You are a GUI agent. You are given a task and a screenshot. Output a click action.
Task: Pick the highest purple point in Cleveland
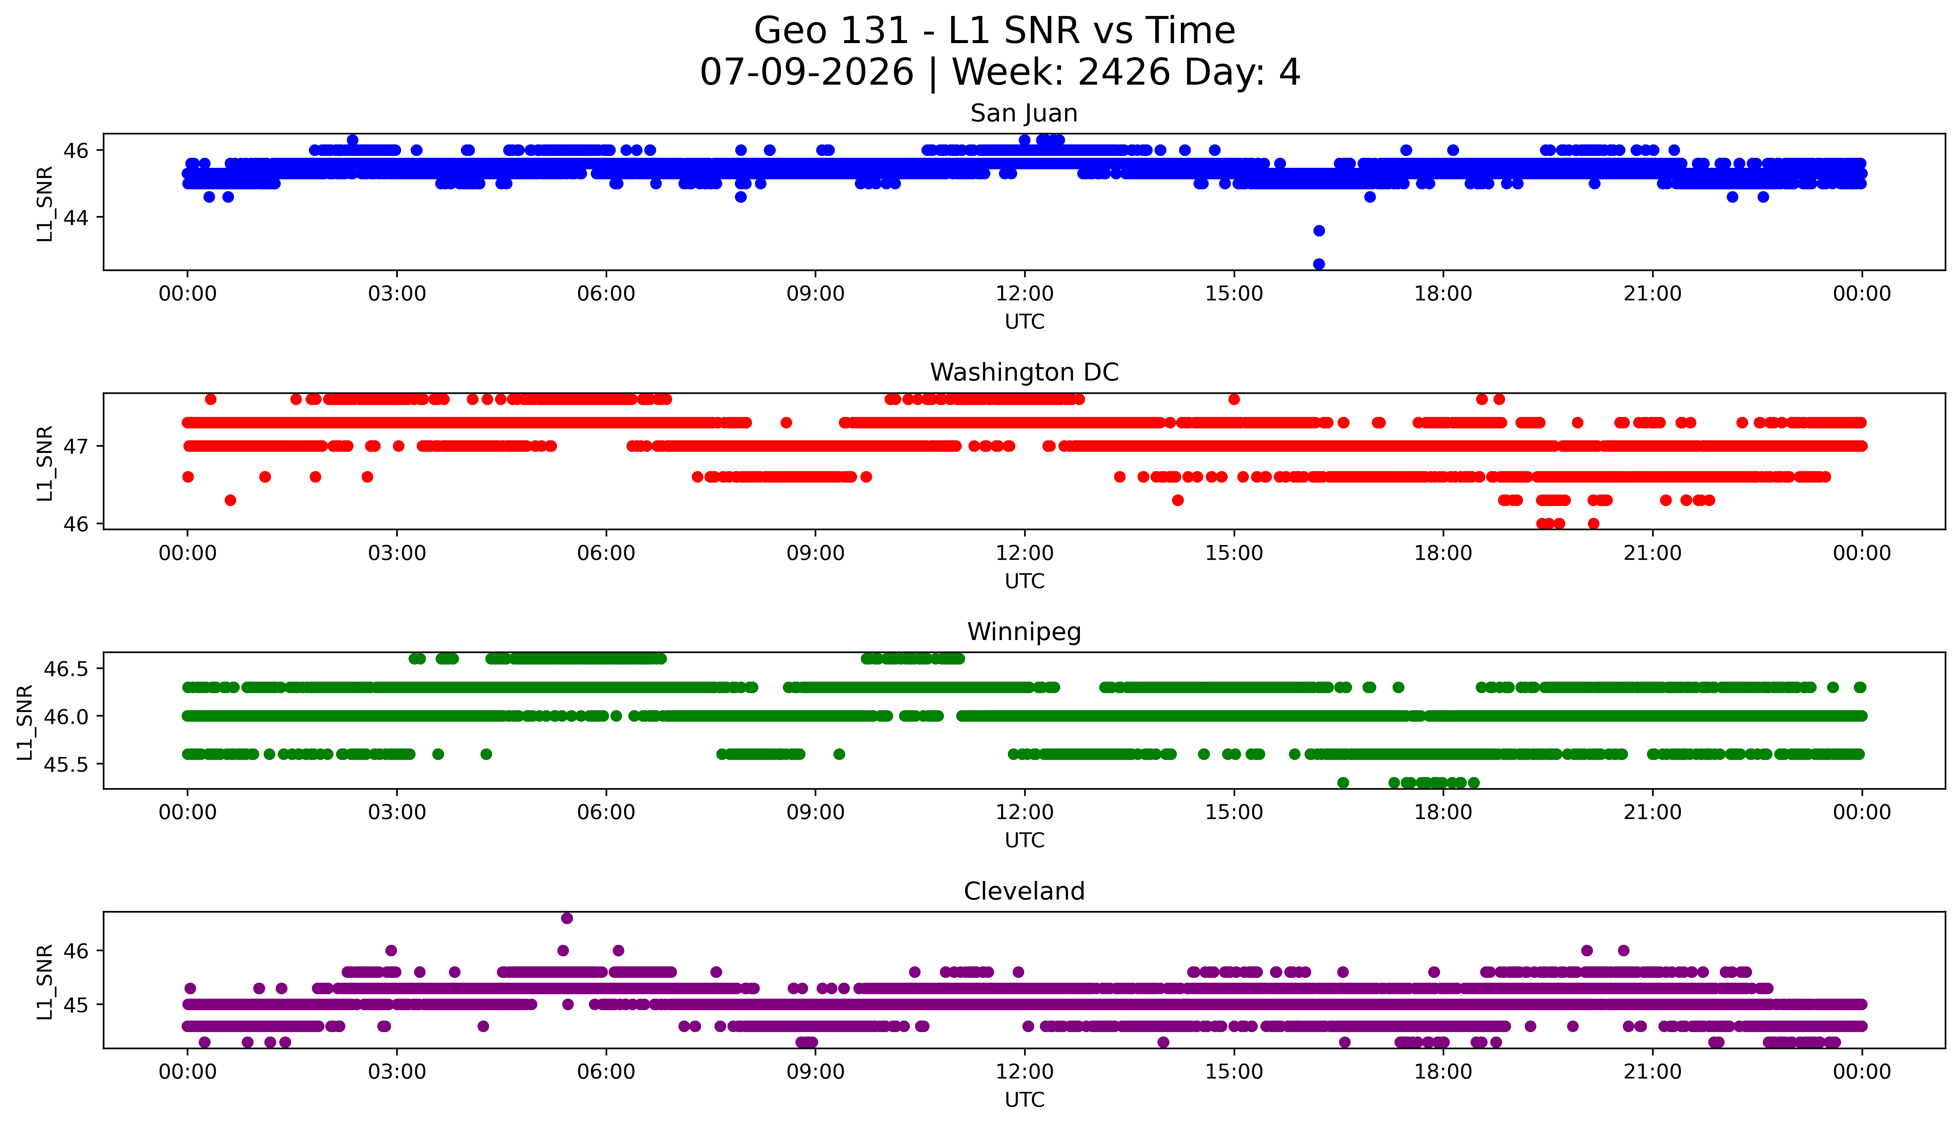pos(567,918)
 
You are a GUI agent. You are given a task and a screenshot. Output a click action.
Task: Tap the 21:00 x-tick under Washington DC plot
pos(1653,553)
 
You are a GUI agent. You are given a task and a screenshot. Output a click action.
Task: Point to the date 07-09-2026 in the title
pos(807,72)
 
